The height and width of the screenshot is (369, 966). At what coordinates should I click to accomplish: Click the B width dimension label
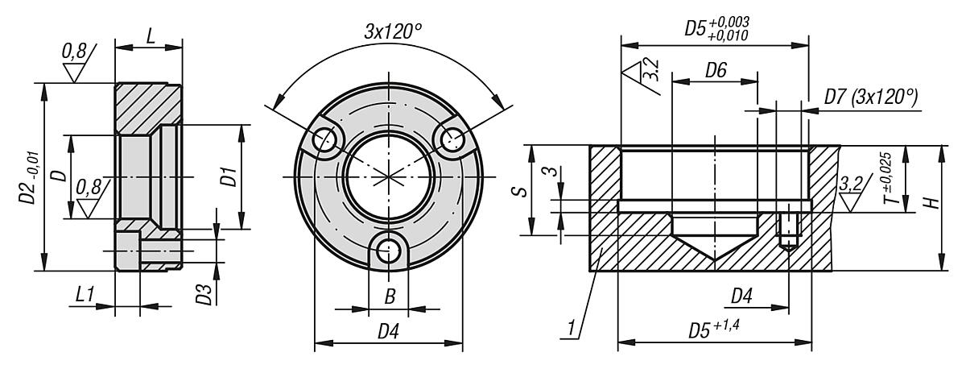[389, 297]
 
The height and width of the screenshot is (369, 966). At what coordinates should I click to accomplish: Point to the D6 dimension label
[716, 71]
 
